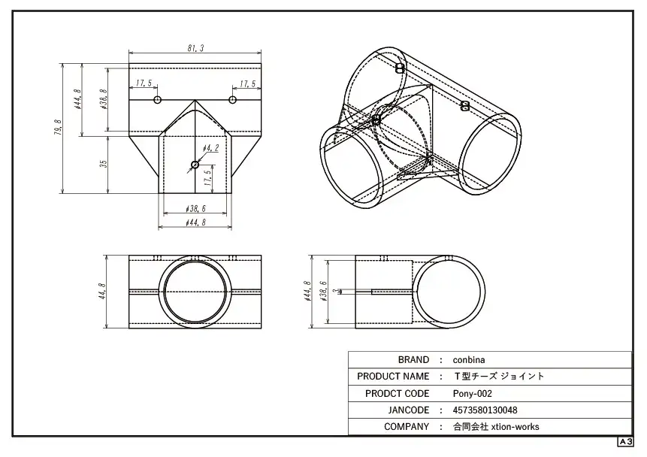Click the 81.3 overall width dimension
[195, 48]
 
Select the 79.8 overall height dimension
[58, 128]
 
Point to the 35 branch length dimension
[104, 164]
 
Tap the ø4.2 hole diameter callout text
[211, 148]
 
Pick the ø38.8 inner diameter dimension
[104, 99]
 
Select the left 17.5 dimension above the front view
[144, 83]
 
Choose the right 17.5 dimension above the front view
[247, 84]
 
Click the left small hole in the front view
[157, 100]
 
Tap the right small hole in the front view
[232, 100]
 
